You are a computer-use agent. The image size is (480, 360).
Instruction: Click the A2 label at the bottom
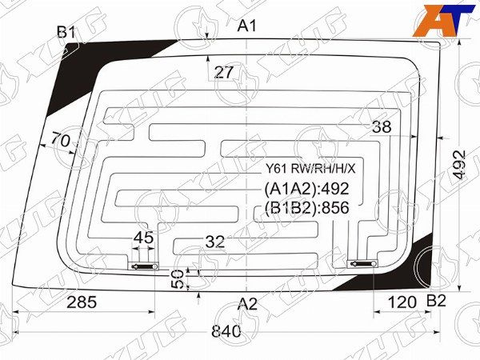(248, 303)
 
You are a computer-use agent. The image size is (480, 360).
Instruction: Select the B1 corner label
(66, 32)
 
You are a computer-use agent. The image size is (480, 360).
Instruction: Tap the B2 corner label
(436, 301)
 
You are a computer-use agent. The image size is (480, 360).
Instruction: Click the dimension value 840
(227, 332)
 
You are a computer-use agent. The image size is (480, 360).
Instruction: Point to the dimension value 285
(82, 302)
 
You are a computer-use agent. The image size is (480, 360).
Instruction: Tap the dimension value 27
(224, 73)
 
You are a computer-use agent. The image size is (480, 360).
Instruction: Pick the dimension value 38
(382, 127)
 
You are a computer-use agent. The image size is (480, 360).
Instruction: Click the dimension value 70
(60, 140)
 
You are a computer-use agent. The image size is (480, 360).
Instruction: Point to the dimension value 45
(143, 237)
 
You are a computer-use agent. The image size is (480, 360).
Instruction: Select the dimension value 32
(214, 241)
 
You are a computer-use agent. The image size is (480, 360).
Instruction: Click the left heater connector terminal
(144, 266)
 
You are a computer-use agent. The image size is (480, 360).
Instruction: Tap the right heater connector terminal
(362, 263)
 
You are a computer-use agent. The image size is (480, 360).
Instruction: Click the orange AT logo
(438, 18)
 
